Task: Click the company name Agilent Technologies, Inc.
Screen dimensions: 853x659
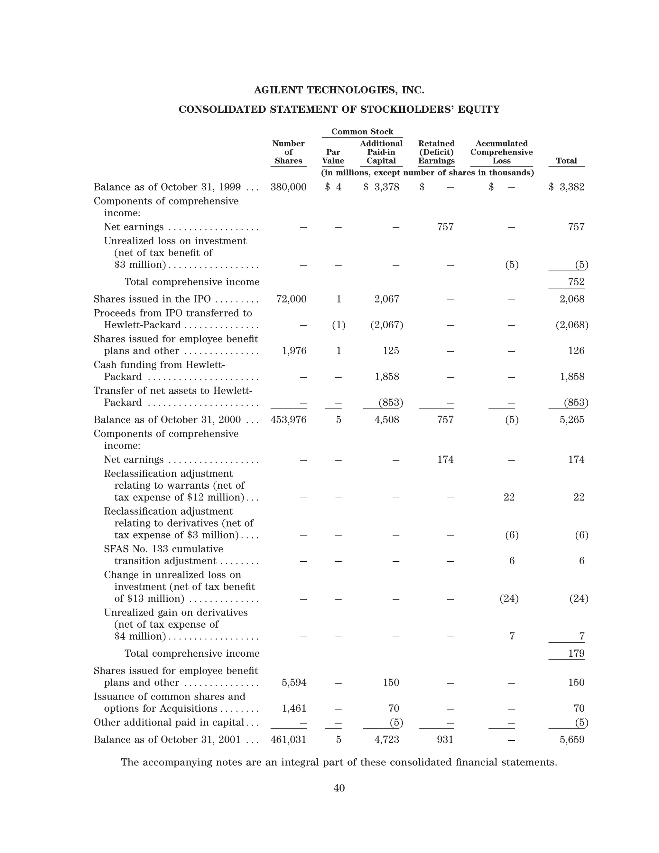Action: [x=339, y=90]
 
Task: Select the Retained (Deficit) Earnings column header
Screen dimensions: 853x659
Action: [x=436, y=152]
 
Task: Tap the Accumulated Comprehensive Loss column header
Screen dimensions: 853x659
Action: [x=501, y=152]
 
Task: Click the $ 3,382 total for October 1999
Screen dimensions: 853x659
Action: [x=567, y=187]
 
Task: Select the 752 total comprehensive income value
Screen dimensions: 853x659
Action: [x=576, y=282]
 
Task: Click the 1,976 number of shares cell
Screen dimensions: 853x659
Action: [x=294, y=351]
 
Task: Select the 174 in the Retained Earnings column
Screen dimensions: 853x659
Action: [x=445, y=460]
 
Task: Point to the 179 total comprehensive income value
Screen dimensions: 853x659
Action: [x=576, y=653]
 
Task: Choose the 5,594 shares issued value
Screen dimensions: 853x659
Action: [x=294, y=683]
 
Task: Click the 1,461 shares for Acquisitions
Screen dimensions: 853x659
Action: [x=294, y=708]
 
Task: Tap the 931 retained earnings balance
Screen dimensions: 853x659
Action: [x=445, y=740]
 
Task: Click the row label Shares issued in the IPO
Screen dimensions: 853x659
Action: [x=152, y=299]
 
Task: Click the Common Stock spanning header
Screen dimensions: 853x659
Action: [x=362, y=132]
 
